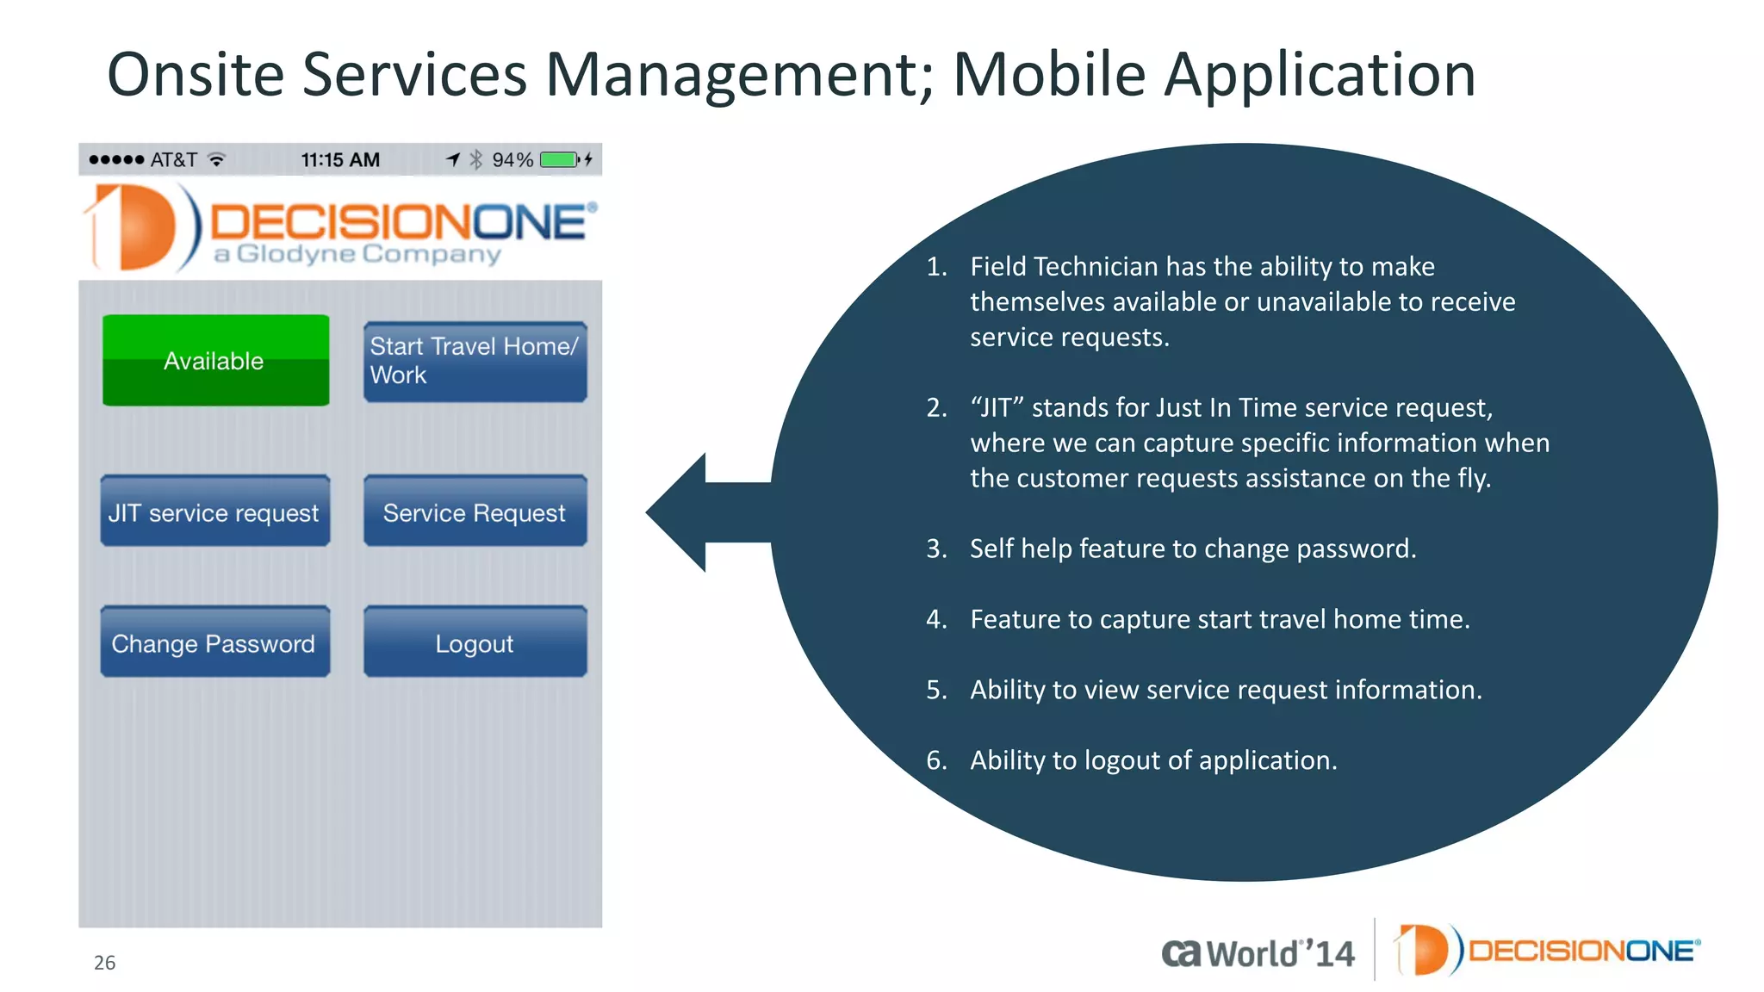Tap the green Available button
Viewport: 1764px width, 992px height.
pos(215,360)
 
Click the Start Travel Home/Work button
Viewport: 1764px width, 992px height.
pos(475,362)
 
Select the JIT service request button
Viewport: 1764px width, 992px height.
pos(214,512)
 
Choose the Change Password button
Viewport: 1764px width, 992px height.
pos(214,642)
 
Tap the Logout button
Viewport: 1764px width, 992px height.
pos(475,642)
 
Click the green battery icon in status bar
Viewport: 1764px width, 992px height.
pos(559,159)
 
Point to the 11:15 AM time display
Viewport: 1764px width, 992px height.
pos(340,159)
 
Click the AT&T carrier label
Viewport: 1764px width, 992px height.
pos(173,159)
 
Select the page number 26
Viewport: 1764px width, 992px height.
pos(104,962)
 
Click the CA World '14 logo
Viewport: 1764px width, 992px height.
pos(1258,952)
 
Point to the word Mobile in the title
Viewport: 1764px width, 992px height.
pos(1048,74)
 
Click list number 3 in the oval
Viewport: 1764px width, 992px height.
pos(935,549)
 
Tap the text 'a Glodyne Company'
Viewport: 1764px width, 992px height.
pos(357,254)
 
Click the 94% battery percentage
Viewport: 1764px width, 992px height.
pos(512,159)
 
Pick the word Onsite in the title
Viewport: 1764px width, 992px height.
pos(196,74)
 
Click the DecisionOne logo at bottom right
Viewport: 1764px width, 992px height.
pos(1547,950)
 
